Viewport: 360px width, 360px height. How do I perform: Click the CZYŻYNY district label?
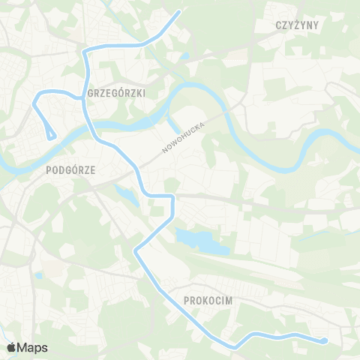pos(298,25)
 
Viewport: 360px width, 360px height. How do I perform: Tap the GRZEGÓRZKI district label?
pos(116,93)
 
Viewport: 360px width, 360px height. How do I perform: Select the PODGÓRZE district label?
pos(70,170)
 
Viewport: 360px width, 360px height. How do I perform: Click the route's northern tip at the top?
pos(180,11)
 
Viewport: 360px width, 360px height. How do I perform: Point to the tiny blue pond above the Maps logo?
pos(38,275)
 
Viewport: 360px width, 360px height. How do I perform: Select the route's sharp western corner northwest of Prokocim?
pos(136,251)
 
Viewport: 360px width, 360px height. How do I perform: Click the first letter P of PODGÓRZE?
pos(49,170)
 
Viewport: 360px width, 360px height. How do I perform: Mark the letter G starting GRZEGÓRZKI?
pos(91,93)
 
